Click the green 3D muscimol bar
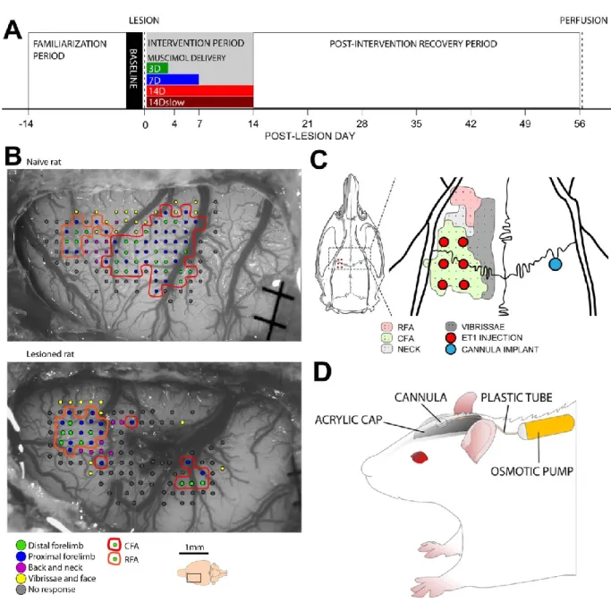pos(157,68)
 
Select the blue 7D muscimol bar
pos(173,80)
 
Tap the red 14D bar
pos(199,90)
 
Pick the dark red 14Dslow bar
pos(199,102)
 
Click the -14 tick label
pos(26,124)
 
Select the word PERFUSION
pos(583,21)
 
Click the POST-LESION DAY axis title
pos(310,136)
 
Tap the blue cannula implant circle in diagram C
pos(556,264)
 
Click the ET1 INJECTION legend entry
pos(484,338)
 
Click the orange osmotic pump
pos(548,427)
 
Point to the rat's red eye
pos(420,457)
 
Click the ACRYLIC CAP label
pos(349,420)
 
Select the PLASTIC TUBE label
pos(516,397)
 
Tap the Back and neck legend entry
pos(49,567)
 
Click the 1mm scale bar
pos(193,553)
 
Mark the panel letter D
pos(322,372)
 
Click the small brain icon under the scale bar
pos(202,573)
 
